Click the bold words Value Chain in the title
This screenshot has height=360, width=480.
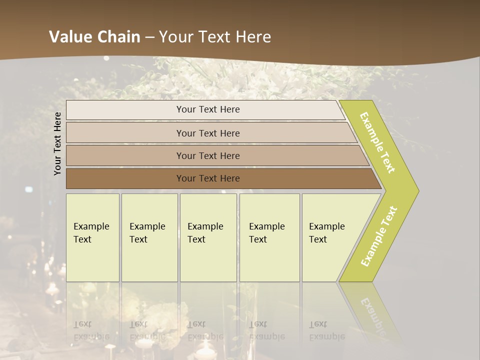[x=94, y=37]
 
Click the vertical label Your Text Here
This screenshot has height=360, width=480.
[x=58, y=143]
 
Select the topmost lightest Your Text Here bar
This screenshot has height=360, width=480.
[x=208, y=109]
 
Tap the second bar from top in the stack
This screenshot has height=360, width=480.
[x=208, y=133]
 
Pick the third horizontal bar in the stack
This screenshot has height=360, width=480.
[x=208, y=155]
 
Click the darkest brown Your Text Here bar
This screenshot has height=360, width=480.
[x=208, y=178]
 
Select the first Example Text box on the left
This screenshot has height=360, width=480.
[x=92, y=237]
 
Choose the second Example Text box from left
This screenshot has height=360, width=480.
[x=149, y=237]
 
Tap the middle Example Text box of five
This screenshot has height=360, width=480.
[x=208, y=237]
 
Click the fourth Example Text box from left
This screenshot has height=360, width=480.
[x=269, y=237]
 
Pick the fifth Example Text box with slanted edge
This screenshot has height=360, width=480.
[x=330, y=237]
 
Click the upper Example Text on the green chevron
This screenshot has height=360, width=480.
[x=378, y=142]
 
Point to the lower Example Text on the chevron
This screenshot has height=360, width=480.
[x=379, y=236]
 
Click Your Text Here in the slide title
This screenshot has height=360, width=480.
[x=215, y=37]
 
